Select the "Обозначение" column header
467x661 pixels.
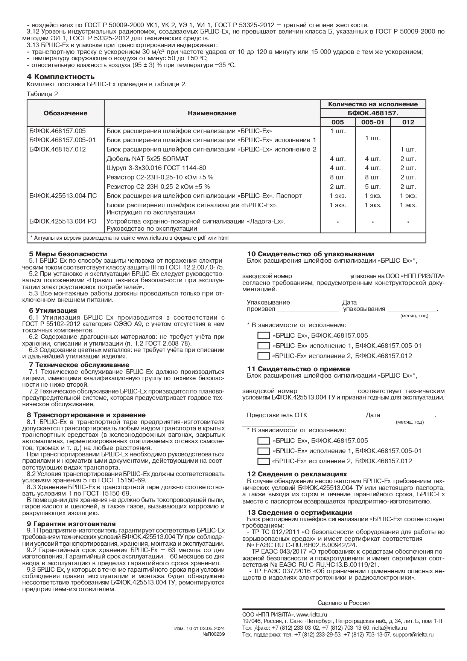point(65,113)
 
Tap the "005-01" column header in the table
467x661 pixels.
point(373,122)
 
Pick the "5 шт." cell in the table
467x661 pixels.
point(373,187)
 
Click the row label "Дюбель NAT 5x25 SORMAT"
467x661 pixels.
point(148,159)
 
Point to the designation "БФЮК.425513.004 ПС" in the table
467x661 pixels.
point(63,196)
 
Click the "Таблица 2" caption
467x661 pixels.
point(42,94)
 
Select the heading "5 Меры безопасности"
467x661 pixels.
point(68,254)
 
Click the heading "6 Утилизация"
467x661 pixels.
point(53,311)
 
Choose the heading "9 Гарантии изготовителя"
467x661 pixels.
point(71,524)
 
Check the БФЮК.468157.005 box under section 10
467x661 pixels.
point(263,336)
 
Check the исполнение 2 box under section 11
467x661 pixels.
point(263,461)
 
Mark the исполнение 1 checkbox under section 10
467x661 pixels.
point(263,346)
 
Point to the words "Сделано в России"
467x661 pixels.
point(344,603)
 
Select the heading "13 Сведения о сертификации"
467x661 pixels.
point(300,513)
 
